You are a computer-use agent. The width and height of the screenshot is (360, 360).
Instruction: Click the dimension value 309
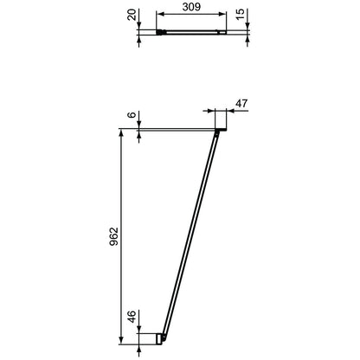[x=191, y=7]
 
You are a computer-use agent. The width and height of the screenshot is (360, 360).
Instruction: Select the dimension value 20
[x=132, y=15]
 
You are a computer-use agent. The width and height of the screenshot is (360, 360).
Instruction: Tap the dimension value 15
[x=240, y=14]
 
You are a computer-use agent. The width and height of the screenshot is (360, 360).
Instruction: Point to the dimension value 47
[x=241, y=103]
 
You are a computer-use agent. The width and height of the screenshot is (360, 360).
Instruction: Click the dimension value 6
[x=132, y=114]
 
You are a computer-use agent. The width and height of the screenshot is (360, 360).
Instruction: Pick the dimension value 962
[x=114, y=236]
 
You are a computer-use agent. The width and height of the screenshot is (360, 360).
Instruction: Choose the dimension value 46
[x=132, y=317]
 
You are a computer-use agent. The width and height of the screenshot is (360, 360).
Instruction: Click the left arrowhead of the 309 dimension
[x=160, y=14]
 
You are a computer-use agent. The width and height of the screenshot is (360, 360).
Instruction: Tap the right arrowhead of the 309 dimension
[x=222, y=14]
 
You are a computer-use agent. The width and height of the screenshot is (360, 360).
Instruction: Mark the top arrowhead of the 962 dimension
[x=121, y=132]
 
